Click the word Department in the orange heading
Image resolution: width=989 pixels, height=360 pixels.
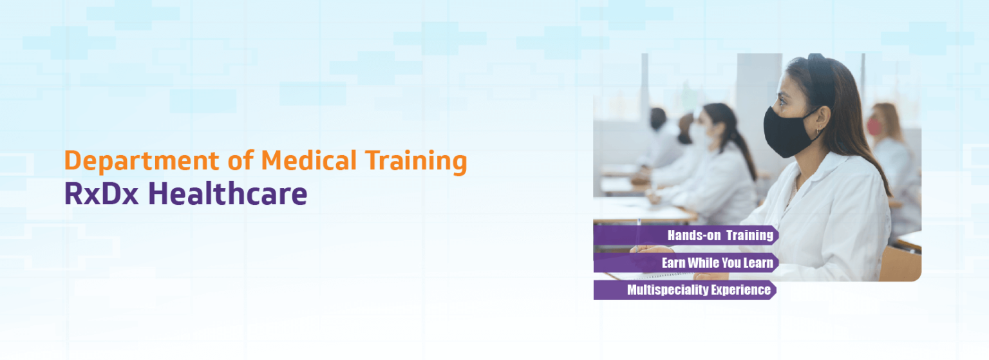[x=141, y=162]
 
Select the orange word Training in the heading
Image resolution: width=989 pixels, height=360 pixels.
[x=416, y=162]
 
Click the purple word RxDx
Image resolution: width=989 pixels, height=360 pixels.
[x=102, y=194]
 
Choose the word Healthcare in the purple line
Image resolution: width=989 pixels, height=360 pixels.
[x=227, y=193]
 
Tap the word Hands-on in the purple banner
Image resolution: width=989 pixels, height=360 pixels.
[x=694, y=235]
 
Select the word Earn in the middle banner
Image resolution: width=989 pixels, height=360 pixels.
[x=673, y=263]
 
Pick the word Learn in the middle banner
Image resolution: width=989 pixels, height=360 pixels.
[x=758, y=263]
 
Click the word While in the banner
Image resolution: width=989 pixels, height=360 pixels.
[x=702, y=263]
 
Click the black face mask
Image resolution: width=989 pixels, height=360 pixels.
[x=790, y=131]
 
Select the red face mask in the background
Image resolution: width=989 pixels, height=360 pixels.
[x=874, y=126]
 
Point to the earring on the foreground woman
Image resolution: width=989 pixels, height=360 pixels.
[x=818, y=131]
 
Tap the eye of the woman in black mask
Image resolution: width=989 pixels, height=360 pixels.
[x=782, y=102]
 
